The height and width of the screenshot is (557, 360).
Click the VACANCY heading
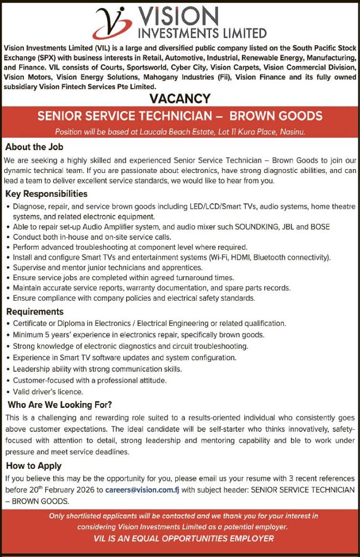179,99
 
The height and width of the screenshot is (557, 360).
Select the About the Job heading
34,147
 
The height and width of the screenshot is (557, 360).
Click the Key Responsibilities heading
46,194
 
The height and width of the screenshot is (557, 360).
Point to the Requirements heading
35,312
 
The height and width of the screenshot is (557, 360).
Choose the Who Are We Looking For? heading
59,405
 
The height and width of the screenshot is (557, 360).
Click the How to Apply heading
34,466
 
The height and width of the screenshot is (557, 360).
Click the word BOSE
319,227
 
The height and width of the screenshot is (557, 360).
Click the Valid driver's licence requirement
48,392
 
